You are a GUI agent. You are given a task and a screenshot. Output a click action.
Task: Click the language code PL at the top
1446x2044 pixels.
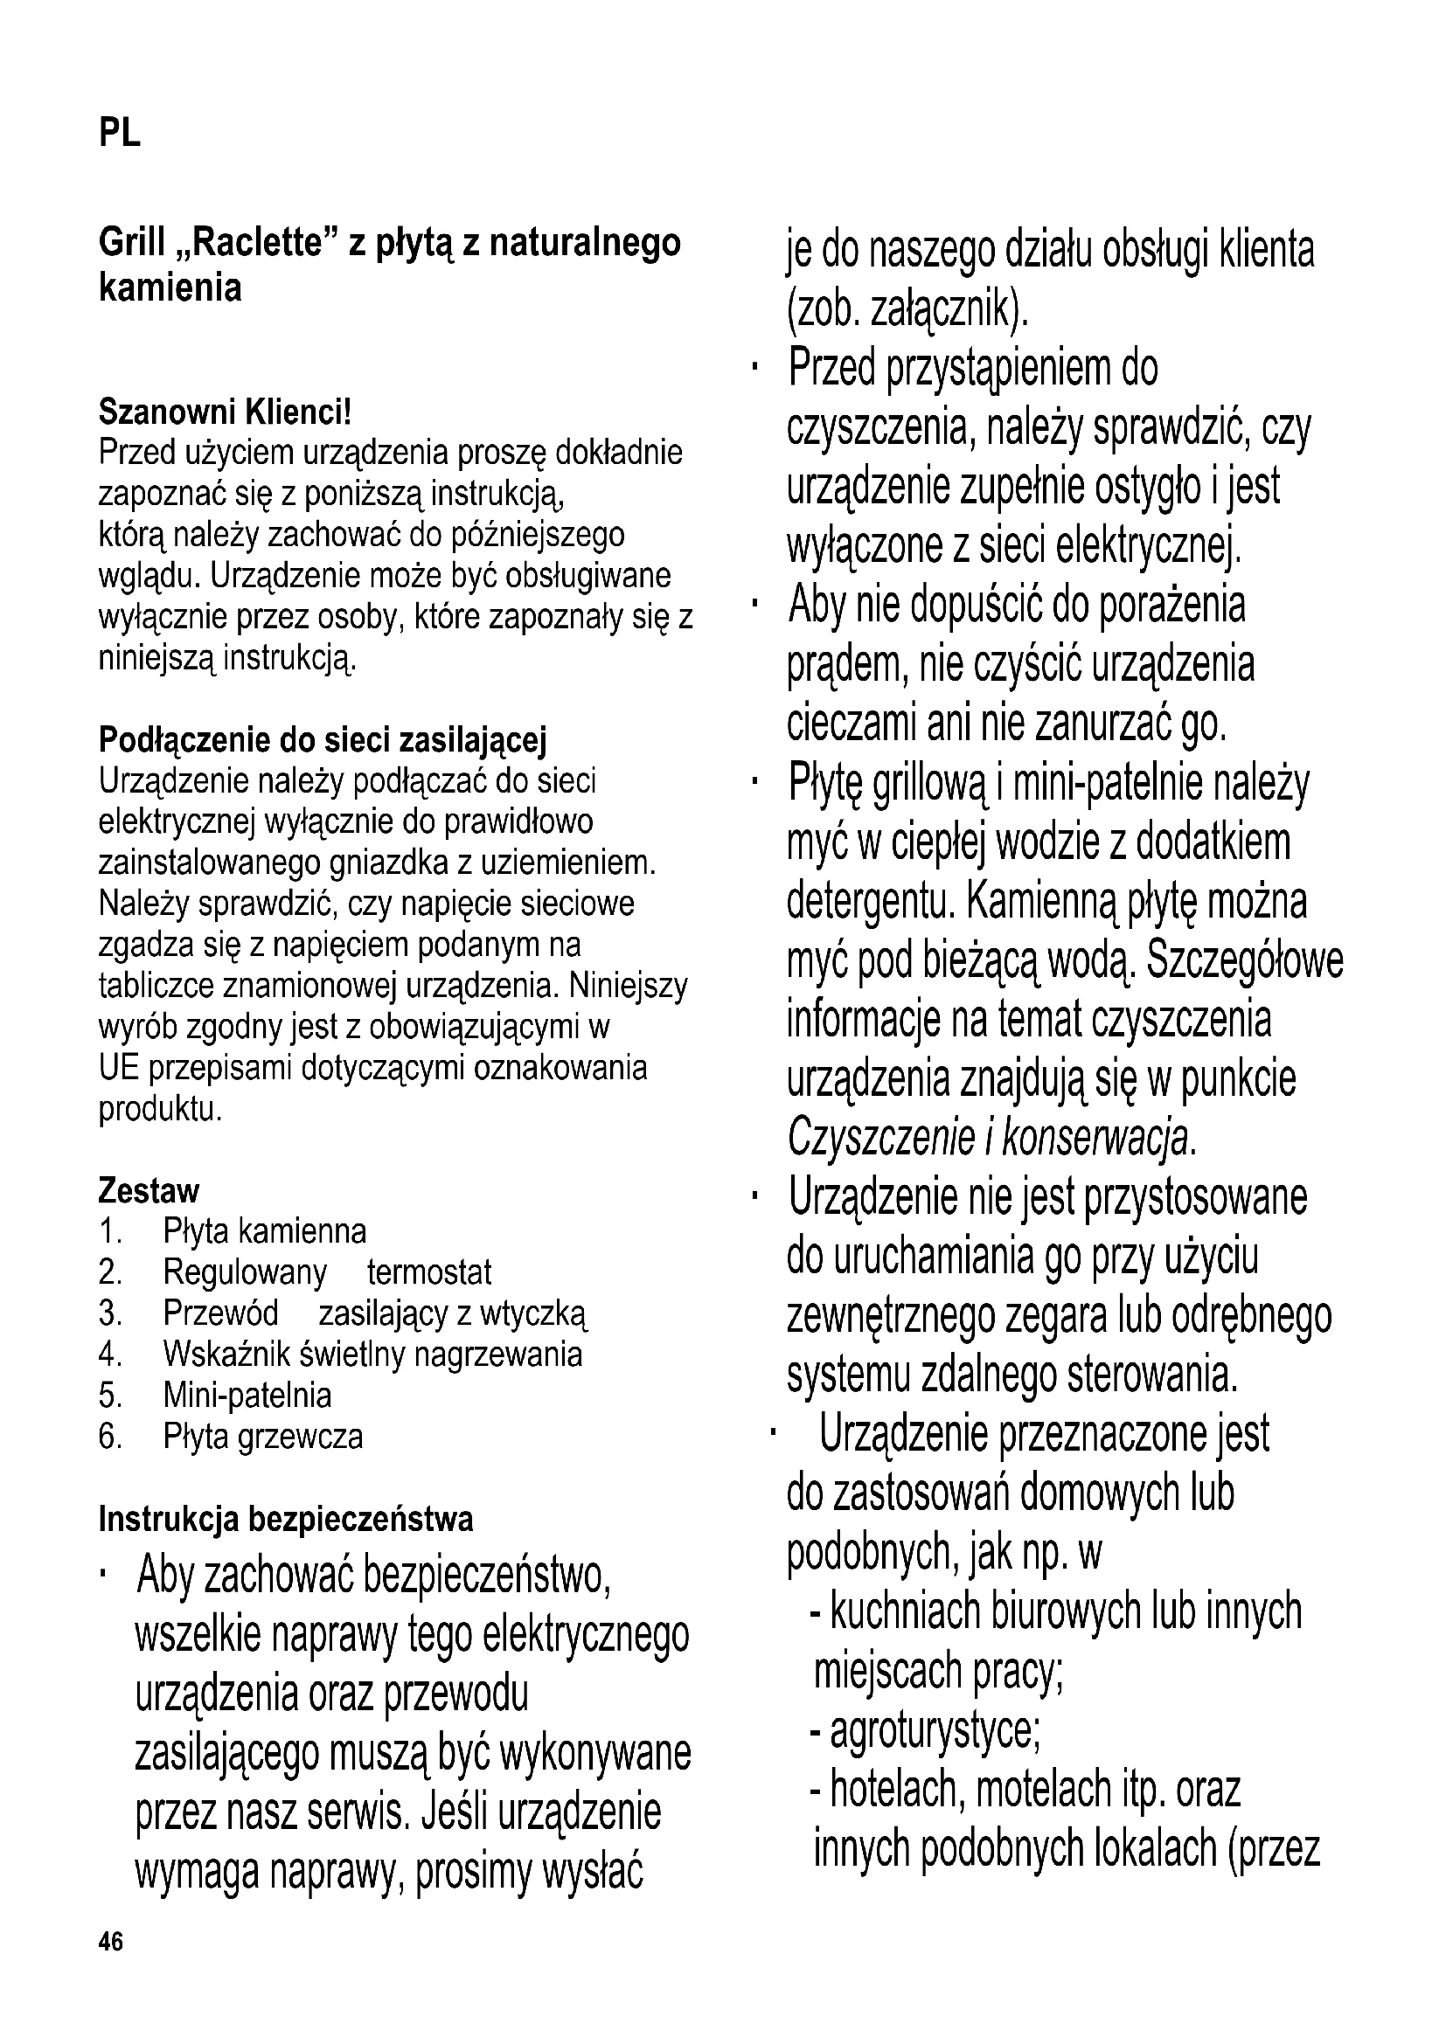(x=119, y=135)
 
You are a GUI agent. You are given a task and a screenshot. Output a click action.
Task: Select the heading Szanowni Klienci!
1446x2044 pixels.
(x=226, y=412)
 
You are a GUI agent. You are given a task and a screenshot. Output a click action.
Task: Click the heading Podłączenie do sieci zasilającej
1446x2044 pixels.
(x=323, y=740)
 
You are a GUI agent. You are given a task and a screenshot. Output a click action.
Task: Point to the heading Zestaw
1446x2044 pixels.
(x=149, y=1191)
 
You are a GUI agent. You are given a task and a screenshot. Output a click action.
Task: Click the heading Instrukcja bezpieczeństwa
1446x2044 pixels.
(x=286, y=1520)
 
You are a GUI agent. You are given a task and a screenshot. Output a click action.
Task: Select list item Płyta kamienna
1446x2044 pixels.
(x=264, y=1232)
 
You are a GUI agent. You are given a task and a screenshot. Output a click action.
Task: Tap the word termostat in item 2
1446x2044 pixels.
(x=429, y=1273)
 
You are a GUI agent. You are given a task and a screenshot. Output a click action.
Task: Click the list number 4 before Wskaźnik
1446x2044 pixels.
(x=109, y=1355)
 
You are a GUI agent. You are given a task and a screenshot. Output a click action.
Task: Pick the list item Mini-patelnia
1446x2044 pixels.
(x=247, y=1396)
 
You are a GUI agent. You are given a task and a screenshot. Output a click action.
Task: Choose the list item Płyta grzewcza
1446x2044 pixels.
(x=262, y=1437)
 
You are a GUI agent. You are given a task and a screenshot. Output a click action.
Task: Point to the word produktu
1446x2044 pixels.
(x=159, y=1109)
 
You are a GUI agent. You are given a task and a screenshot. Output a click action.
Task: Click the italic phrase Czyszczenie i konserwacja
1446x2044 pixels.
(x=991, y=1139)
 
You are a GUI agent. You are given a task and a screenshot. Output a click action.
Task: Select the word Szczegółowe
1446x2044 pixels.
(x=1245, y=960)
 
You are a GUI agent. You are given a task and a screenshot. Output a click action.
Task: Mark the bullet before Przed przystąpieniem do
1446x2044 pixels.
(x=754, y=368)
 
